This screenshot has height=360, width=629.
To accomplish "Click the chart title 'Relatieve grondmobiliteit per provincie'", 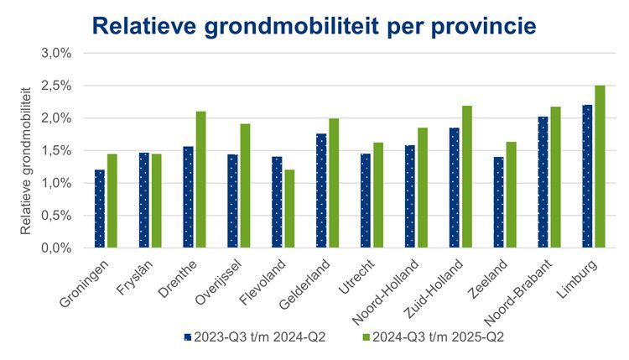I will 314,25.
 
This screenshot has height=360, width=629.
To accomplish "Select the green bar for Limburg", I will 600,167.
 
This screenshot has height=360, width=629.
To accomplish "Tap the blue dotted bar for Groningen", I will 100,209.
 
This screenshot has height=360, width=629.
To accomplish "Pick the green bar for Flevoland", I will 290,209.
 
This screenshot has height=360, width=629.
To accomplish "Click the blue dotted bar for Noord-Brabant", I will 542,182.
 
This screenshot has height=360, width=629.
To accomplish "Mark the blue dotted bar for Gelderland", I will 321,190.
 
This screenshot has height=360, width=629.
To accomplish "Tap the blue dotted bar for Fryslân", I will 144,201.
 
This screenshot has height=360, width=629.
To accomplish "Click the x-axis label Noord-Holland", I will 401,284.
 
